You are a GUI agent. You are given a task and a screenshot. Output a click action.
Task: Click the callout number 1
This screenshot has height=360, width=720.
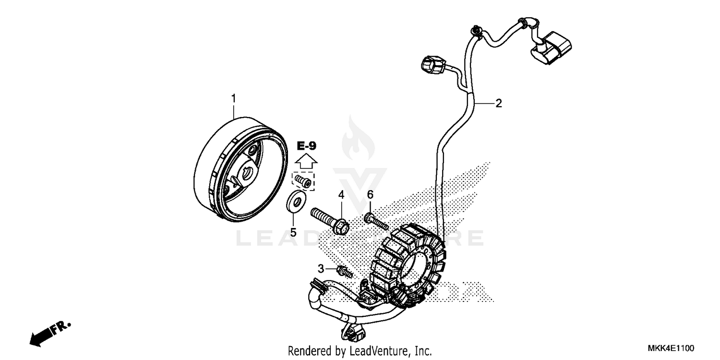click(234, 98)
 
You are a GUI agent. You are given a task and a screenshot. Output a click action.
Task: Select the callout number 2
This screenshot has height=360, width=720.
click(499, 103)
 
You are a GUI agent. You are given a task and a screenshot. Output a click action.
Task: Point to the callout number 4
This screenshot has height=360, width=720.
click(341, 194)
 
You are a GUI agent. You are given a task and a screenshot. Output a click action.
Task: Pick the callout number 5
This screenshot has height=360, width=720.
click(293, 232)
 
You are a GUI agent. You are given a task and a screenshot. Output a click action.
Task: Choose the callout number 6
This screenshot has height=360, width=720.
click(370, 194)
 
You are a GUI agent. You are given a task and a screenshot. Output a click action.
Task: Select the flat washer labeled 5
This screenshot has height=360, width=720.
click(296, 201)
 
